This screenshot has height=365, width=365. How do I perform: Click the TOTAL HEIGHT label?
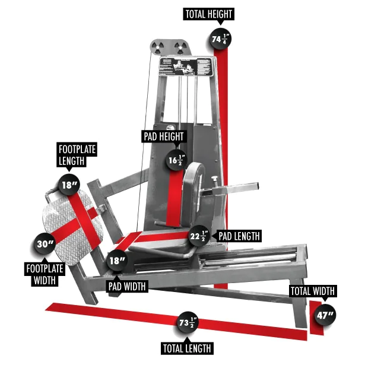pyautogui.click(x=209, y=14)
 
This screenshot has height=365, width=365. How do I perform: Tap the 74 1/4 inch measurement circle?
pyautogui.click(x=221, y=39)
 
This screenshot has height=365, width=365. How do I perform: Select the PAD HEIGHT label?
pyautogui.click(x=164, y=137)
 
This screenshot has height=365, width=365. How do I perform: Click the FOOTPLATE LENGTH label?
pyautogui.click(x=77, y=154)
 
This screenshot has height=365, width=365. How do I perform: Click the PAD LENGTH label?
pyautogui.click(x=239, y=236)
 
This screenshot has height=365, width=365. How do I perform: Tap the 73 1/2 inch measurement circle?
pyautogui.click(x=187, y=323)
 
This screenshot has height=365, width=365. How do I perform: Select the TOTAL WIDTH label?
pyautogui.click(x=312, y=291)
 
